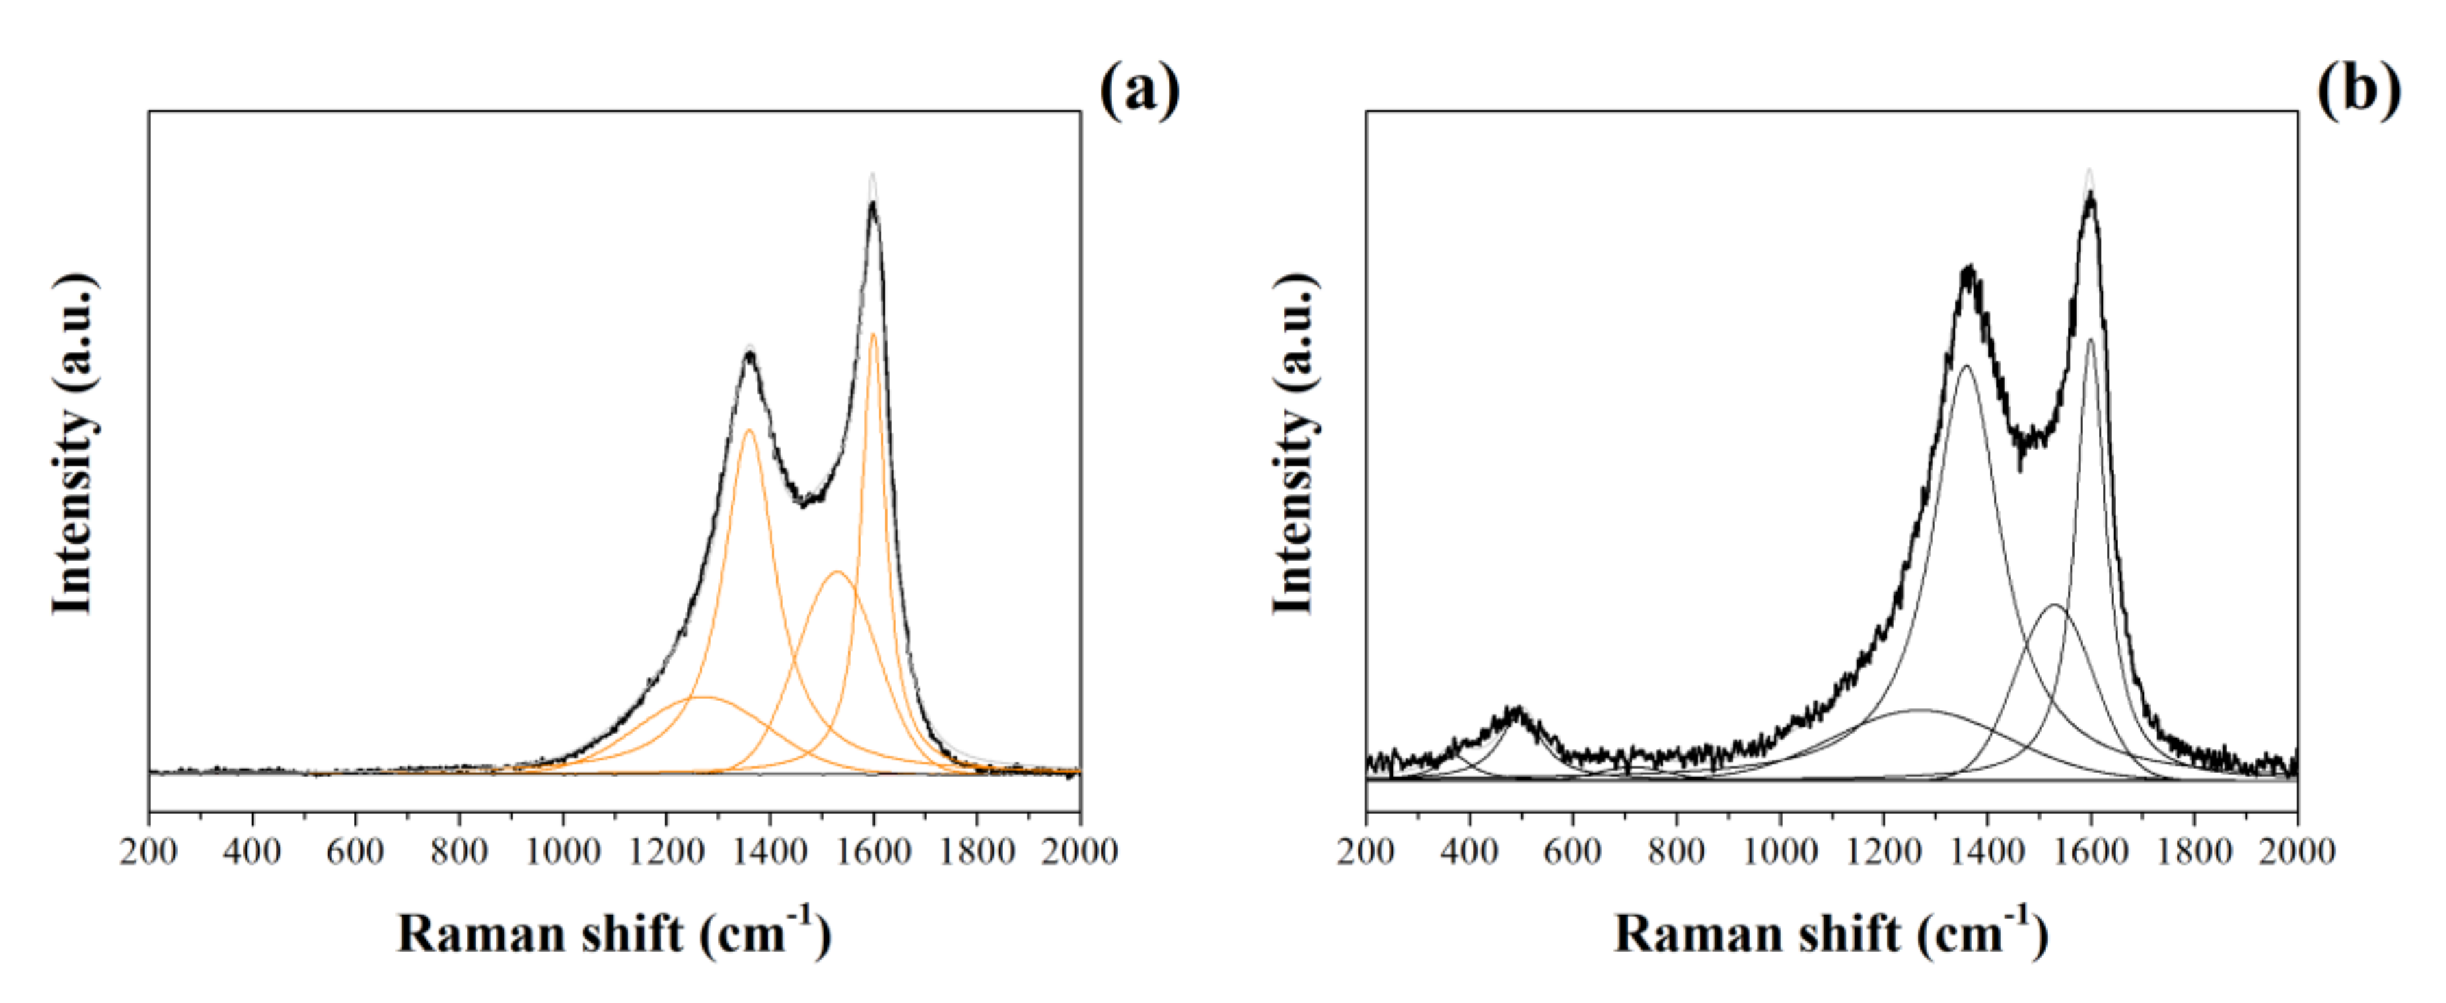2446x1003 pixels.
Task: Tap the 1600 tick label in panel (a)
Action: [x=874, y=851]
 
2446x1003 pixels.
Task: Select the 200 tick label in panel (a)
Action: [x=149, y=851]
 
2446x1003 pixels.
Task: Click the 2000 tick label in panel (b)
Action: [x=2297, y=851]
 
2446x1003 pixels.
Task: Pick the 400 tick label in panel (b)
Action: [x=1469, y=851]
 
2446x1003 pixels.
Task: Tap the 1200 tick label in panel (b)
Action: [x=1882, y=851]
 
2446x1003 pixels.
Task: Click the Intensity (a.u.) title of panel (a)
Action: [x=74, y=444]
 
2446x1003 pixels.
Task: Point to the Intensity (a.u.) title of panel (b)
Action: [x=1293, y=444]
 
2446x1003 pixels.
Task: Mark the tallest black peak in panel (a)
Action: [x=872, y=203]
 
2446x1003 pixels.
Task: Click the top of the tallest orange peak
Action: [x=872, y=335]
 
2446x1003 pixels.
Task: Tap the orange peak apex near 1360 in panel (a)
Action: [x=749, y=431]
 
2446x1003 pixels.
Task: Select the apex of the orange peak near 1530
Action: [x=837, y=572]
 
